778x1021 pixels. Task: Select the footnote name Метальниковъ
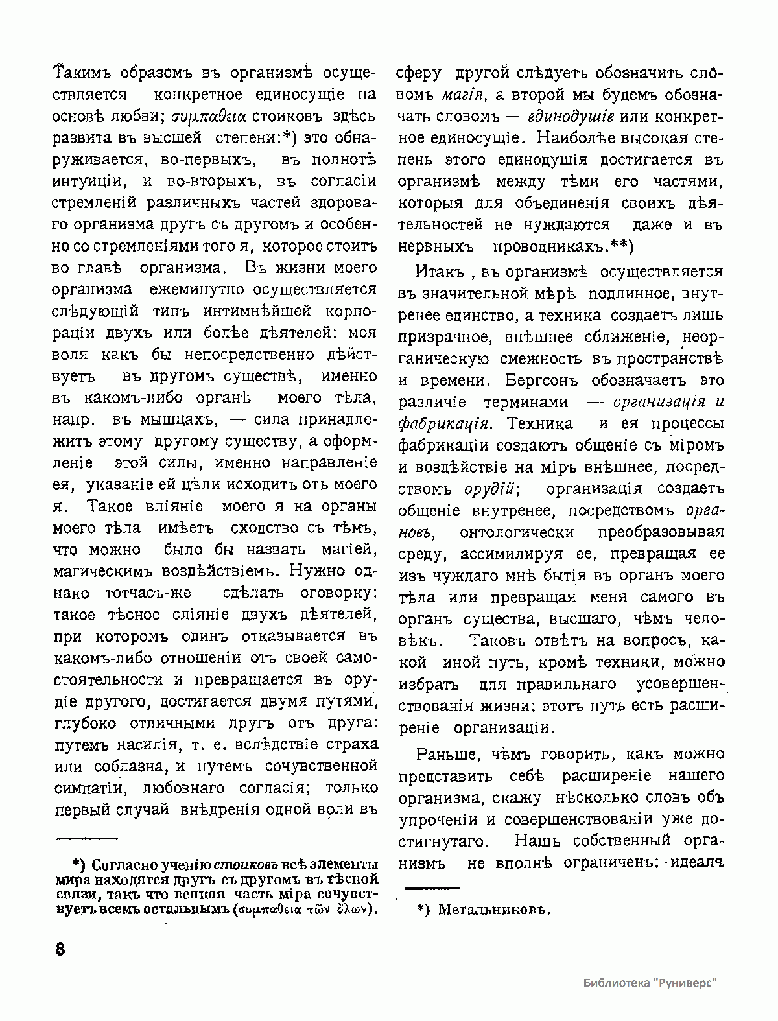pos(494,910)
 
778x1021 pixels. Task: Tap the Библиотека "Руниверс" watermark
pos(651,983)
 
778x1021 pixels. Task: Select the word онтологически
pos(516,532)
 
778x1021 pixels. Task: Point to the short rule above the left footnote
pos(88,838)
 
